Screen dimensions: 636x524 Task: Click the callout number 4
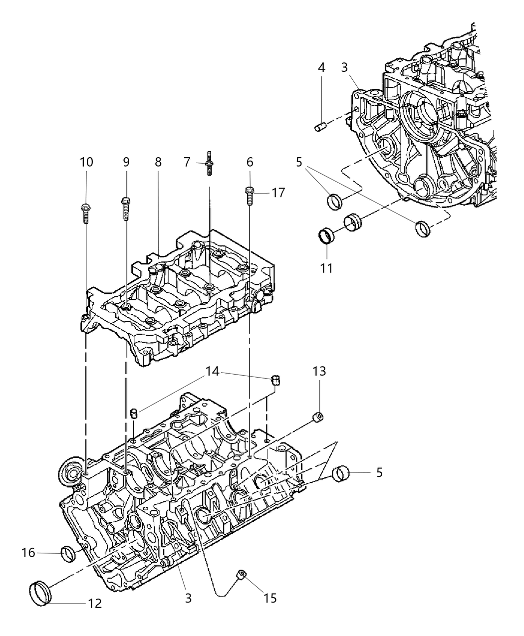(x=322, y=67)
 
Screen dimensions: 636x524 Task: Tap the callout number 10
(x=86, y=162)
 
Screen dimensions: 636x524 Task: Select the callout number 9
(x=126, y=162)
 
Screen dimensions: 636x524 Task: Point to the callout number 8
(x=158, y=162)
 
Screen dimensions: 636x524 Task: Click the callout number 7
(x=187, y=162)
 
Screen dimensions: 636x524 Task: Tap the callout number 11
(x=326, y=268)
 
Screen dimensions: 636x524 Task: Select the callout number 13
(x=319, y=371)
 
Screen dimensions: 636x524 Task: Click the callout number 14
(x=213, y=371)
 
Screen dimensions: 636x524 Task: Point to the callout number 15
(x=269, y=598)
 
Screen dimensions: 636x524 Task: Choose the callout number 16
(x=28, y=552)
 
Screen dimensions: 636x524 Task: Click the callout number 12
(x=94, y=604)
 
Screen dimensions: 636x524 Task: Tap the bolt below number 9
(x=125, y=208)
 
